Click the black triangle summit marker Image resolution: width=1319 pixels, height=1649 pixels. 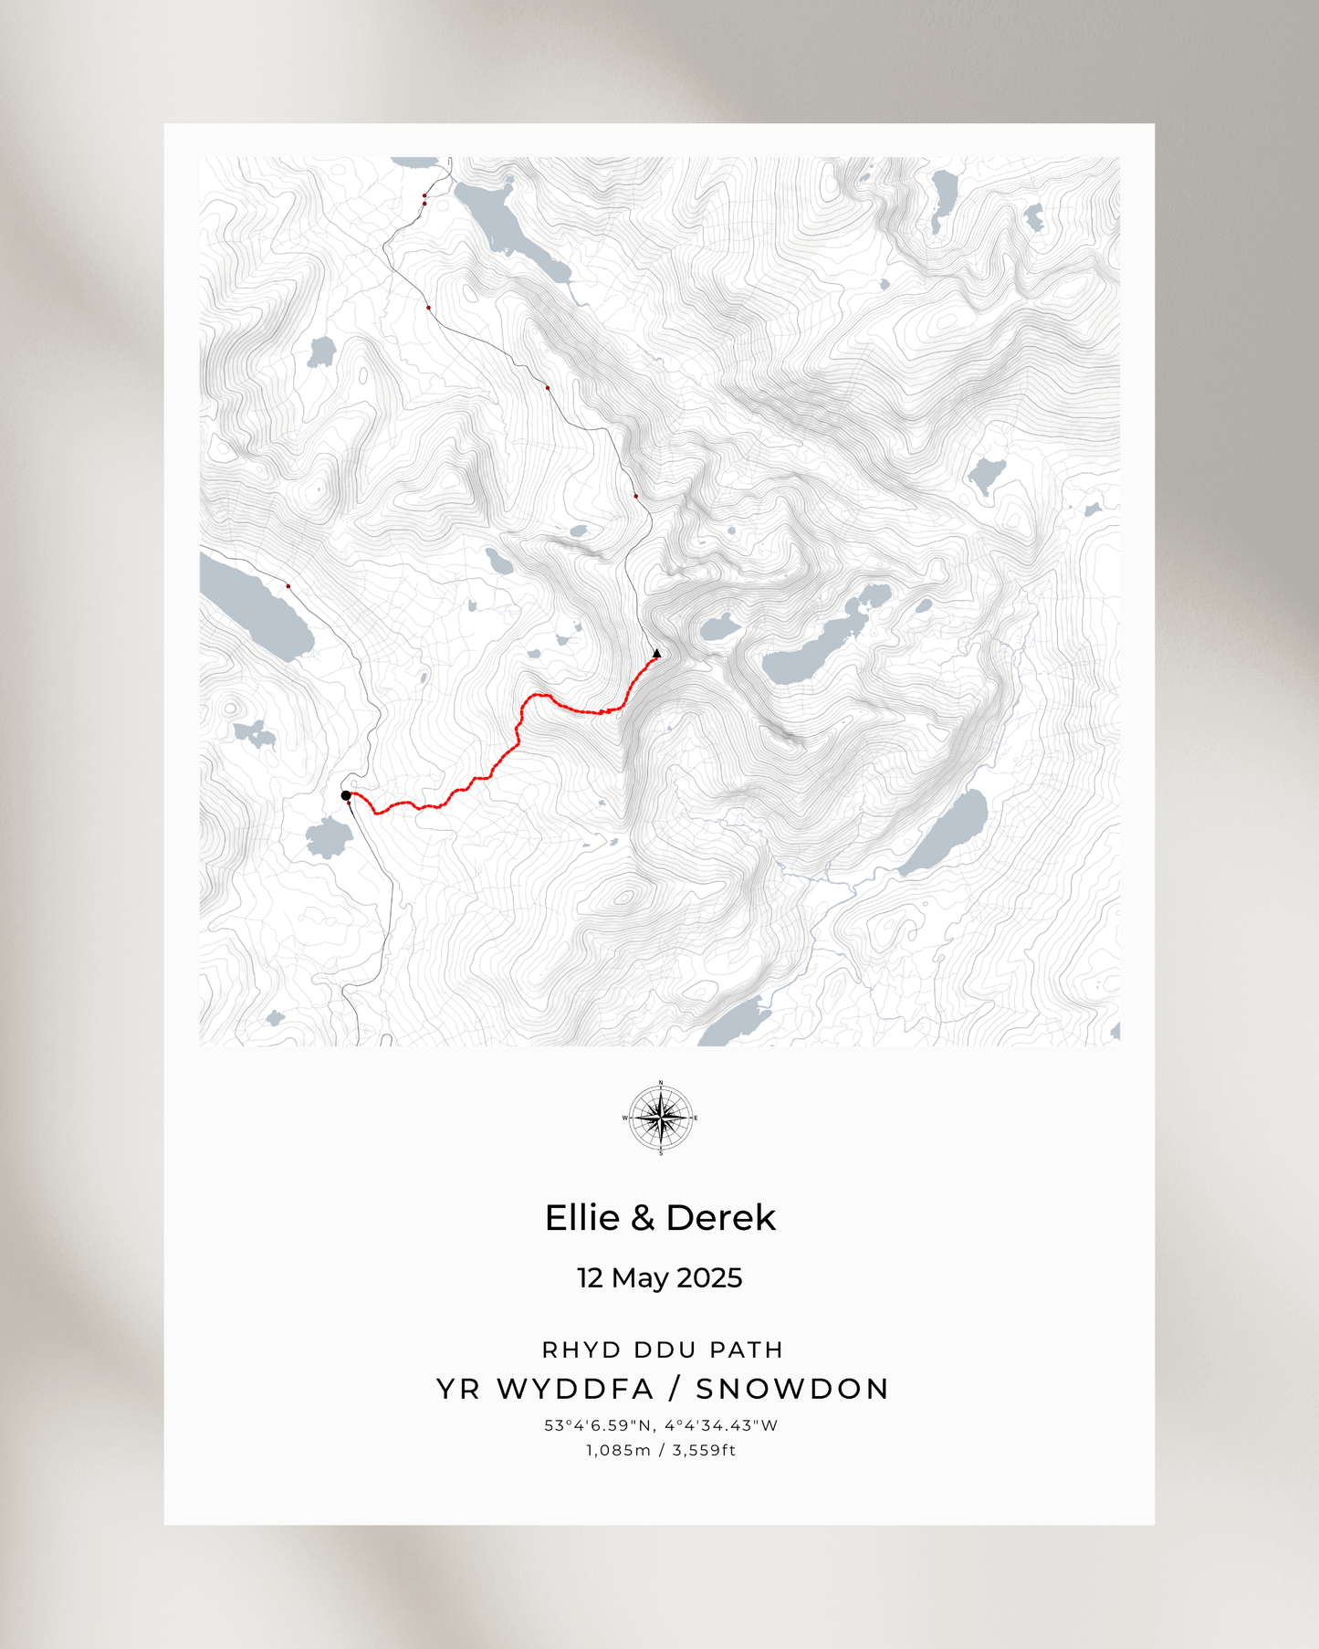tap(657, 653)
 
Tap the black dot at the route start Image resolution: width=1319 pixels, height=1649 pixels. tap(346, 795)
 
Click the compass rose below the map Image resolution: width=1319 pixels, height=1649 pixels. tap(661, 1119)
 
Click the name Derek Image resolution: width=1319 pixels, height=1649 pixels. tap(721, 1218)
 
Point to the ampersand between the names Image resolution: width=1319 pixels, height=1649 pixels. tap(644, 1218)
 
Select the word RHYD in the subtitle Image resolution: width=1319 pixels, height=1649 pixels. tap(571, 1350)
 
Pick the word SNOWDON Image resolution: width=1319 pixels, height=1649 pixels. tap(792, 1389)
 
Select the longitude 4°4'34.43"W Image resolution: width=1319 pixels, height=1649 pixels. tap(721, 1425)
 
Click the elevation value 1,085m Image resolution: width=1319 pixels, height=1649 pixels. tap(618, 1450)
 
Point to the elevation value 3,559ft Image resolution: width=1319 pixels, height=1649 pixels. tap(704, 1450)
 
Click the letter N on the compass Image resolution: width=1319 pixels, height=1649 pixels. tap(661, 1083)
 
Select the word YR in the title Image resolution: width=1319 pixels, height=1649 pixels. tap(457, 1389)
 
